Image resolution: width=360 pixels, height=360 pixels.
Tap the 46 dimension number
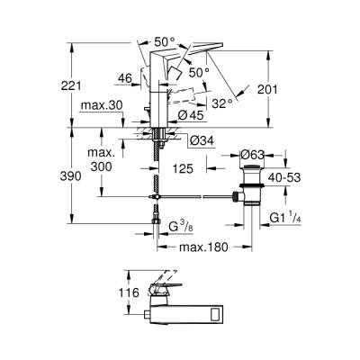pyautogui.click(x=126, y=79)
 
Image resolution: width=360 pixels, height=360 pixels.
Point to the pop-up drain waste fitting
pyautogui.click(x=247, y=184)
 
